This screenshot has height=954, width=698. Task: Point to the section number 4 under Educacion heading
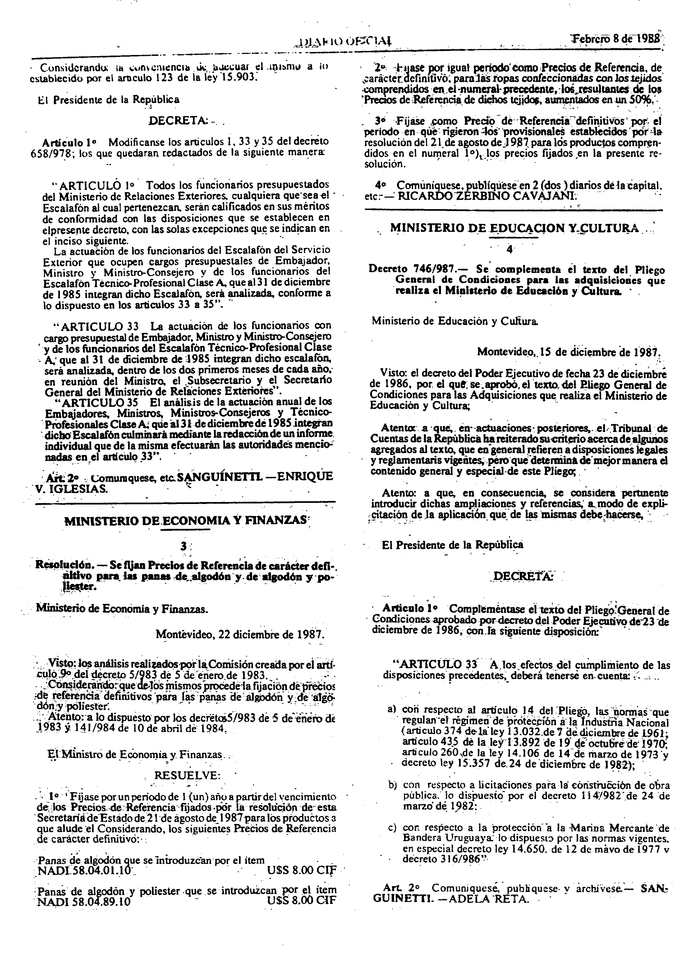click(510, 250)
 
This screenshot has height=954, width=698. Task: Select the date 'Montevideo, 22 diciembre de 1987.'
click(240, 635)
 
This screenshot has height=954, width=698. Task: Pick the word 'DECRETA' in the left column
click(177, 120)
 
